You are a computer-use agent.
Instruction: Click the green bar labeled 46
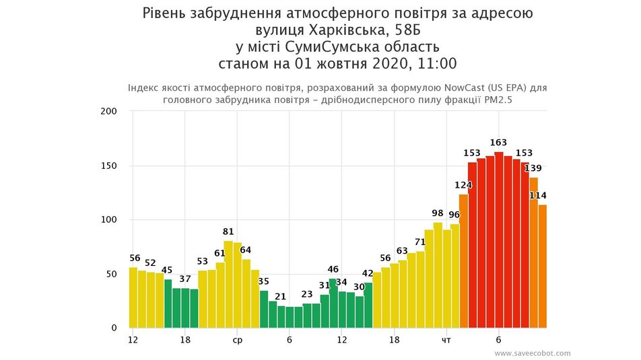333,303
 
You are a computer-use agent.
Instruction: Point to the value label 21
281,297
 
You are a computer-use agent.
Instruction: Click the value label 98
438,213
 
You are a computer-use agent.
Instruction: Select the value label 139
533,168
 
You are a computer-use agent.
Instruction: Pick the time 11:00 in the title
436,65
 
